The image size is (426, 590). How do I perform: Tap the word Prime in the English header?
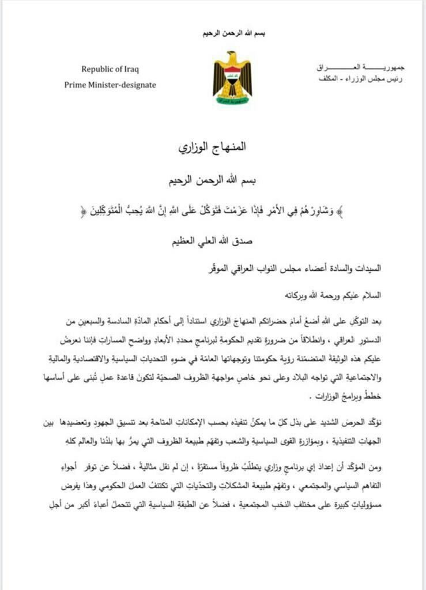click(76, 85)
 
